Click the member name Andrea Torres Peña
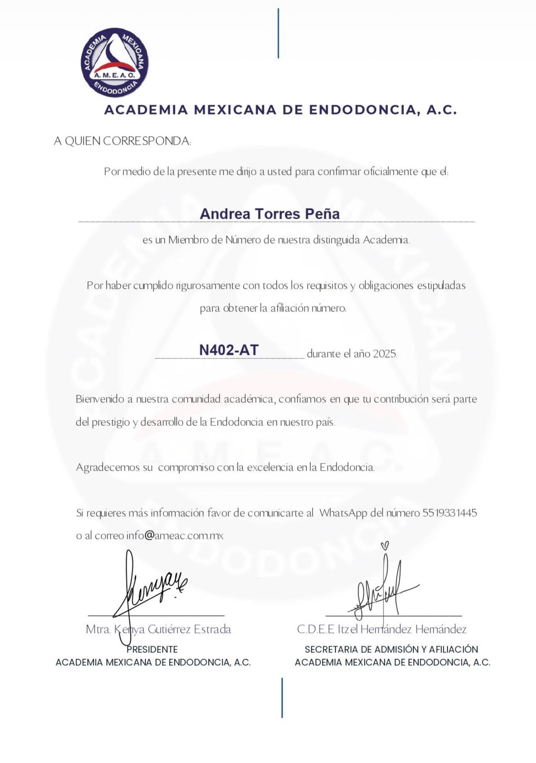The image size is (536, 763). [270, 214]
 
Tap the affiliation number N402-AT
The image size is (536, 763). [229, 350]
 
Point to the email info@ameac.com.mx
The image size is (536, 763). [175, 536]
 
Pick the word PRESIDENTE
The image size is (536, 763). [152, 649]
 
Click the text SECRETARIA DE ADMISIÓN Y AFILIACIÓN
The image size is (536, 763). [391, 649]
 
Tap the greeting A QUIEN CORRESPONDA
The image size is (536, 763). [122, 141]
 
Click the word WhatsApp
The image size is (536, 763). [343, 513]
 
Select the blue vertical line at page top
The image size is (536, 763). [278, 34]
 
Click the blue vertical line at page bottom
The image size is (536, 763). [282, 698]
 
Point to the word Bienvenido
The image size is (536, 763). [99, 399]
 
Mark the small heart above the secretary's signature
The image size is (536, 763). [386, 545]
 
